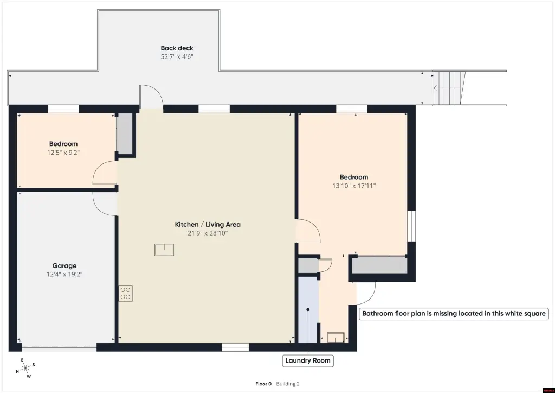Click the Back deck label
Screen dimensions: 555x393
tap(177, 48)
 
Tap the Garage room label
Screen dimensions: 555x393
tap(64, 266)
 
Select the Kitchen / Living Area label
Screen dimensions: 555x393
tap(208, 224)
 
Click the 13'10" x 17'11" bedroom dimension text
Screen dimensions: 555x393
tap(354, 186)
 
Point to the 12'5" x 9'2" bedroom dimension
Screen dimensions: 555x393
tap(63, 153)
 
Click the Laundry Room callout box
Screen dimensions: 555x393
tap(308, 360)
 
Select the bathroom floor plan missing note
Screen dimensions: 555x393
tap(454, 314)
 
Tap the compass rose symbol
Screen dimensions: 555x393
tap(25, 369)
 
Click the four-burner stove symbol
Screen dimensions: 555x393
tap(126, 294)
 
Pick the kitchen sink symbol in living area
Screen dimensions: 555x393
tap(164, 250)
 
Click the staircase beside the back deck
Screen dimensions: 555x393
tap(449, 88)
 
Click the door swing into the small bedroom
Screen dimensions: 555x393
tap(105, 173)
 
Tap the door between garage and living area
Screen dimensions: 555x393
tap(105, 204)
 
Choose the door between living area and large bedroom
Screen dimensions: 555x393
tap(308, 231)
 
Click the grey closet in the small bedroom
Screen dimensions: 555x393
tap(125, 134)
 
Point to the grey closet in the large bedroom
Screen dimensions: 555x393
tap(379, 265)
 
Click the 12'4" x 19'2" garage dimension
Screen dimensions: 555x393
tap(64, 274)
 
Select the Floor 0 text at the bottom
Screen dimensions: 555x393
tap(263, 384)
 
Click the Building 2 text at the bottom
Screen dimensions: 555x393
tap(288, 384)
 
